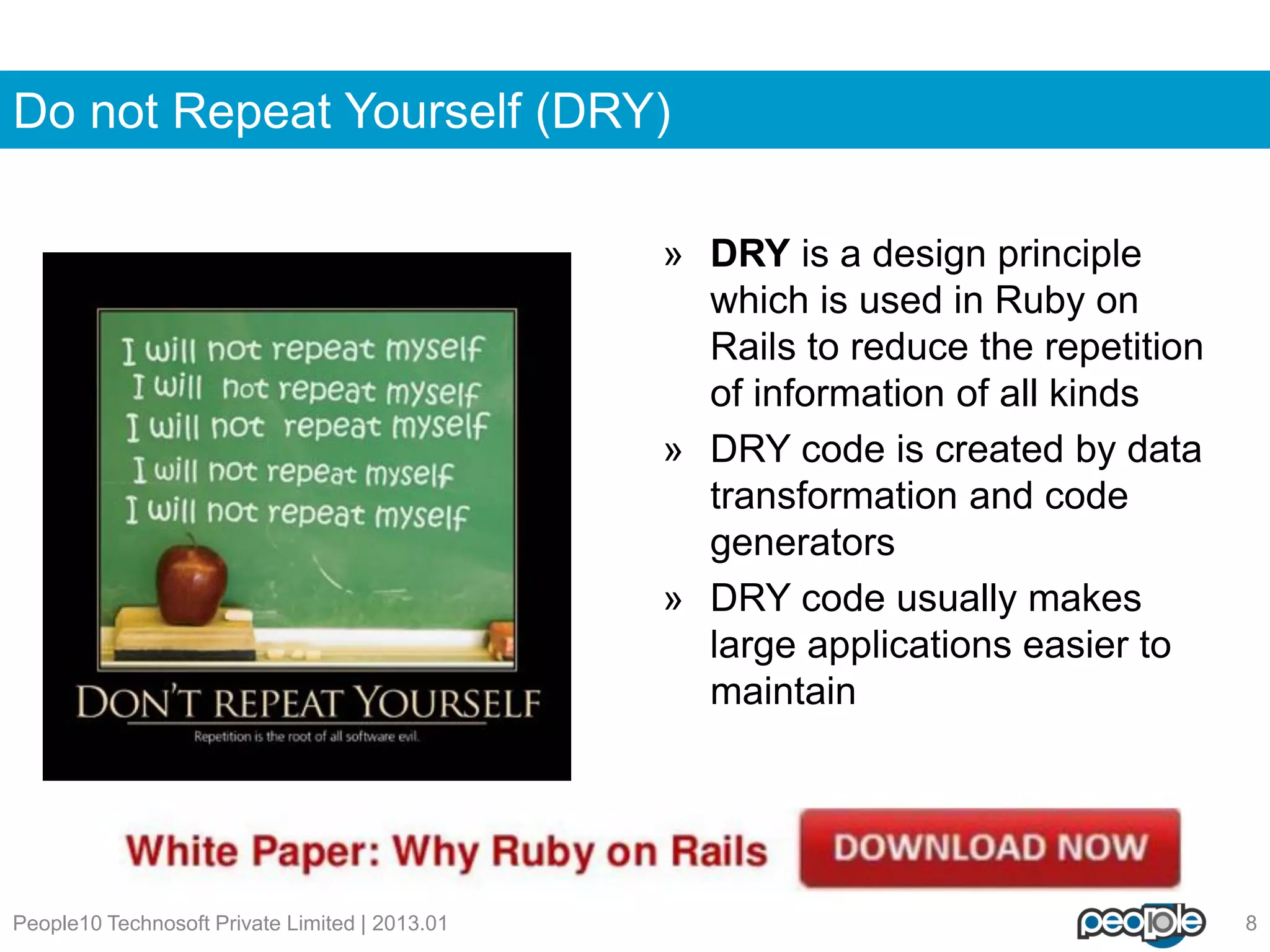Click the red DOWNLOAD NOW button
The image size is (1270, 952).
click(x=990, y=848)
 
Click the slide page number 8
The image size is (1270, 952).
click(x=1251, y=923)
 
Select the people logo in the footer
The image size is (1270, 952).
click(x=1141, y=923)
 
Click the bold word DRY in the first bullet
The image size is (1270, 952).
click(x=750, y=253)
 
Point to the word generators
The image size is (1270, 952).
click(x=802, y=543)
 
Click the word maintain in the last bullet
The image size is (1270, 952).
click(x=783, y=692)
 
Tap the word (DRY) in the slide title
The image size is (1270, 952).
click(x=602, y=112)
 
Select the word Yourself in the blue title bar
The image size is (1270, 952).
click(x=433, y=112)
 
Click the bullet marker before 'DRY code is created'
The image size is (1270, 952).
click(x=673, y=451)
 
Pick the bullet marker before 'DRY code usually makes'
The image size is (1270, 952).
click(x=673, y=600)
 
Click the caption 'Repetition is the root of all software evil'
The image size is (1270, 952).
click(x=306, y=736)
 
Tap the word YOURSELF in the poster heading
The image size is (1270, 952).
click(x=449, y=703)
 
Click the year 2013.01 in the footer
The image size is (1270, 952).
click(x=409, y=923)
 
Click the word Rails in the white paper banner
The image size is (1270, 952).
click(x=719, y=851)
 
